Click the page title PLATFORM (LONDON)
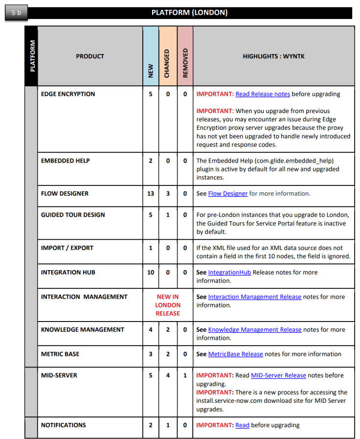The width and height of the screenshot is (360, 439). click(x=189, y=13)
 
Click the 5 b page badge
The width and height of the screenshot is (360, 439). click(x=16, y=12)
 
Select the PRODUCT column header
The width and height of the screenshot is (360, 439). click(x=90, y=56)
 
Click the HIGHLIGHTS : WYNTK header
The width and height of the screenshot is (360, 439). click(x=273, y=56)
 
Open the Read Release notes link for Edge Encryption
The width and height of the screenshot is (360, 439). click(x=263, y=94)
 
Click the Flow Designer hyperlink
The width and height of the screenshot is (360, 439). click(x=228, y=193)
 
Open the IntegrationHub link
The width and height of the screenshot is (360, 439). click(x=229, y=272)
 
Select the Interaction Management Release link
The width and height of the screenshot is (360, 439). click(x=254, y=297)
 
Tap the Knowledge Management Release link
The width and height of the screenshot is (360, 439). click(x=254, y=329)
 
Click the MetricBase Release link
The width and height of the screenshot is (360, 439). click(x=235, y=354)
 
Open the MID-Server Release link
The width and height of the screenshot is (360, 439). click(x=278, y=375)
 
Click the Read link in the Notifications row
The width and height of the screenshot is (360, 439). click(x=242, y=425)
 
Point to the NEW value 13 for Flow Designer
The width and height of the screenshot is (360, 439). click(x=151, y=193)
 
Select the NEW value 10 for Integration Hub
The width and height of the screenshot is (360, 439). click(x=151, y=272)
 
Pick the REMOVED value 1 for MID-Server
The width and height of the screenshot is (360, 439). click(x=185, y=375)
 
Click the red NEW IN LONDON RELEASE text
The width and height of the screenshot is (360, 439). click(x=168, y=305)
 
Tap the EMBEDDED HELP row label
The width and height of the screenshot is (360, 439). click(x=66, y=161)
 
